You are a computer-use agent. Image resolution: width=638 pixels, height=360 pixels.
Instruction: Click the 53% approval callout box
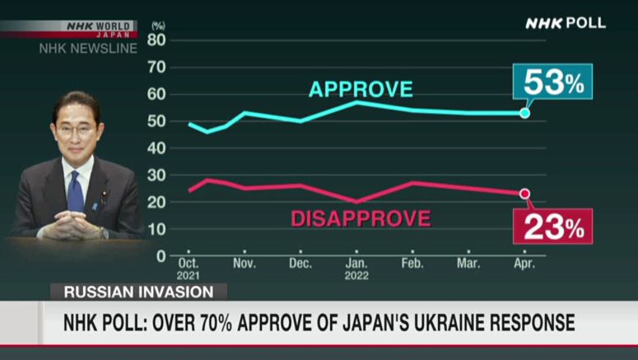[552, 82]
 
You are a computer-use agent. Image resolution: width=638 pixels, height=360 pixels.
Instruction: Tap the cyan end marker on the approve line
[524, 112]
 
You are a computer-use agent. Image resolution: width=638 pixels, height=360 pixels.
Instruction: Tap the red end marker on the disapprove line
[524, 194]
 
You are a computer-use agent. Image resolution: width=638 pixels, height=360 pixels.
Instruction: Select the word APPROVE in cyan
[361, 90]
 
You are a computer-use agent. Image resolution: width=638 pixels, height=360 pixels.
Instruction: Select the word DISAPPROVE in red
[361, 218]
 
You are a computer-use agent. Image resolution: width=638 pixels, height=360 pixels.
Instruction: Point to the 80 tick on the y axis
[156, 40]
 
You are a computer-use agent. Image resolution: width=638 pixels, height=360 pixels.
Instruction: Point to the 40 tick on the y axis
[156, 147]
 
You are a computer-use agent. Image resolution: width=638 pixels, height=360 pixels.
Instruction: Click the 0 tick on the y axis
[161, 255]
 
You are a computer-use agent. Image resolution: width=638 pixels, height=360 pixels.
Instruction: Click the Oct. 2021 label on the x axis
[189, 269]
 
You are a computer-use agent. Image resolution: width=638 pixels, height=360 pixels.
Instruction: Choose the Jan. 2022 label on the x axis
[356, 269]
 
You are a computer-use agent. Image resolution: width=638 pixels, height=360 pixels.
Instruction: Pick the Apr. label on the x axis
[524, 264]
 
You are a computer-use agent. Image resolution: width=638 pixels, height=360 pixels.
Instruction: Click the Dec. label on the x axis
[300, 264]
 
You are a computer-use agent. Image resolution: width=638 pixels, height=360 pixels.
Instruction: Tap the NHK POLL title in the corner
[566, 23]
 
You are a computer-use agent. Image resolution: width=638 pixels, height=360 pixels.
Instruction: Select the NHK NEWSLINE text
[88, 49]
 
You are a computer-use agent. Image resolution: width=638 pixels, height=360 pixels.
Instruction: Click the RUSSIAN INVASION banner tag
[137, 292]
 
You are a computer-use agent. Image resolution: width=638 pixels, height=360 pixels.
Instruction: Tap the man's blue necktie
[76, 191]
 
